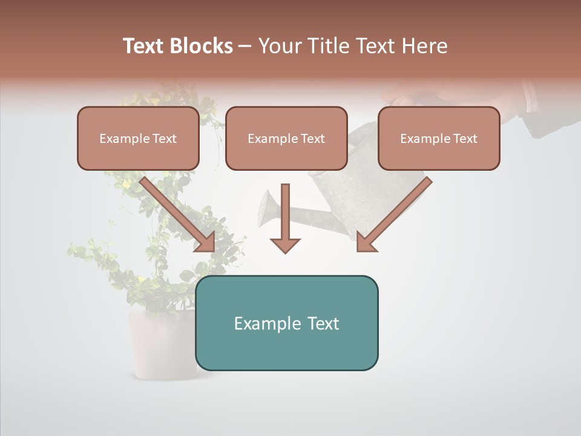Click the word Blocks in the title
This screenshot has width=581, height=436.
[x=202, y=46]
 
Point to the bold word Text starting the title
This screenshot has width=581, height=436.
[x=145, y=46]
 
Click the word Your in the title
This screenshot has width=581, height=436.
[x=280, y=46]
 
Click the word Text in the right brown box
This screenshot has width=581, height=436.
[x=465, y=139]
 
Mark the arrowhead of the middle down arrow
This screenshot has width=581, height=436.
[x=285, y=245]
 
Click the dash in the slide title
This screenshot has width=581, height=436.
[x=245, y=46]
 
